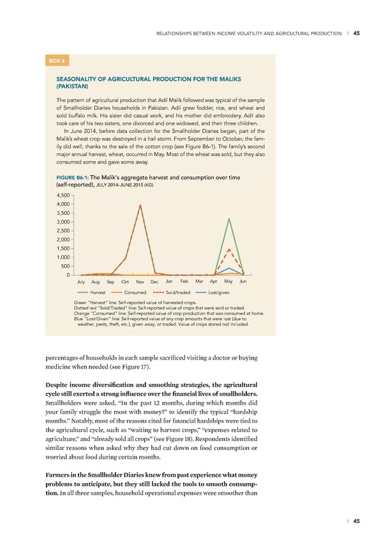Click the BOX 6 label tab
tap(54, 61)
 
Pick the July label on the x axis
tap(80, 282)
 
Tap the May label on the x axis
tap(229, 282)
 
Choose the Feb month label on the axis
tap(184, 282)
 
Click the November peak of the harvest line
tap(140, 205)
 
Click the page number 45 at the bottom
tap(356, 521)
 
